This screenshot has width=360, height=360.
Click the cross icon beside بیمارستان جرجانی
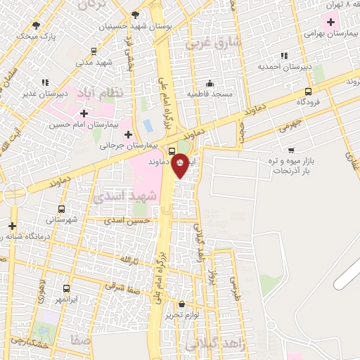click(127, 134)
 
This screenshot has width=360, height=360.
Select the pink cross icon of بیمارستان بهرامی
click(329, 20)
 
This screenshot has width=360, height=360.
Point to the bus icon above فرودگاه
click(308, 91)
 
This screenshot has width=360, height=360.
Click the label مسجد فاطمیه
click(210, 94)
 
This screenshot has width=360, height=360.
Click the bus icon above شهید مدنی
click(94, 51)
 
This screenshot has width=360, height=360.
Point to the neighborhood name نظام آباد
click(117, 92)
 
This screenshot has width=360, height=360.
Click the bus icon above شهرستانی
click(61, 209)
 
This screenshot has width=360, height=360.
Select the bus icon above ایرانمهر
click(66, 288)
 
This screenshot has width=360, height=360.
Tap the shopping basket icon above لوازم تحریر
click(182, 304)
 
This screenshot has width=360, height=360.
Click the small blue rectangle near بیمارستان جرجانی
click(147, 125)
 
